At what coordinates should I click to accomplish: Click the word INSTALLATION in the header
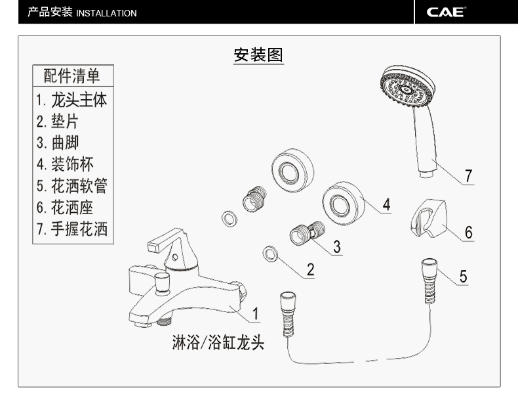click(x=106, y=13)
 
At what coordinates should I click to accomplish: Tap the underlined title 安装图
click(x=258, y=55)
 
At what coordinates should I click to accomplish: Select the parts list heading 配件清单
click(x=71, y=76)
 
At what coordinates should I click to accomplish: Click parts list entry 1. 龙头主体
click(x=71, y=100)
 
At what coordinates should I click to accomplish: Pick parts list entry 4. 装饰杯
click(x=65, y=164)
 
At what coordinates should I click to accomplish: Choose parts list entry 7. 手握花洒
click(x=72, y=229)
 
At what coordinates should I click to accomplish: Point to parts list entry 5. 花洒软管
click(x=72, y=186)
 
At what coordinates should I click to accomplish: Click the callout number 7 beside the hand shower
click(x=468, y=175)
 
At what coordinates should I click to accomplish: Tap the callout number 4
click(x=386, y=204)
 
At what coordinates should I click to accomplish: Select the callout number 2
click(x=311, y=269)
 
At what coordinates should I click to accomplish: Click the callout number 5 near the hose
click(x=463, y=277)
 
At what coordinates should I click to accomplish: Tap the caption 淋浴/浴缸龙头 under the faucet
click(x=218, y=342)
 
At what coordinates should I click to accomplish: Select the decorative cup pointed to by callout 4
click(x=344, y=203)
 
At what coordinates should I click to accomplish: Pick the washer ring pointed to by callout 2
click(x=270, y=254)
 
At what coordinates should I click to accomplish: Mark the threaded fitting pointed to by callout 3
click(x=308, y=233)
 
